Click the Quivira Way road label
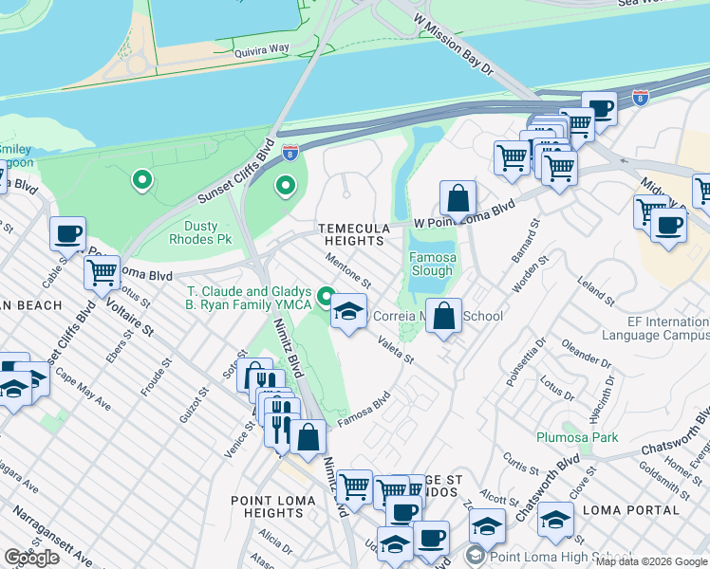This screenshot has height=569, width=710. pos(262,55)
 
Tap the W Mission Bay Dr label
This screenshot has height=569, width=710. pos(454,44)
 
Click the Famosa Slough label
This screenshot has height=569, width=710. pos(432,264)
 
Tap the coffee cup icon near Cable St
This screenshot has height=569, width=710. pos(67,232)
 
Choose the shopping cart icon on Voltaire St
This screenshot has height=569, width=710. pos(102,272)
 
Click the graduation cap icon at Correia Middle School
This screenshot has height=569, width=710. pos(348,311)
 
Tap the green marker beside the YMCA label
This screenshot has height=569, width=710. pos(327,300)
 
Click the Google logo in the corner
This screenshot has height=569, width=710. pos(32,558)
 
